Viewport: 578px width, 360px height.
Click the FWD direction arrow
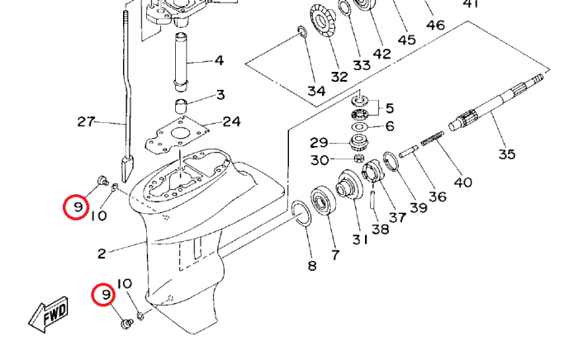click(48, 315)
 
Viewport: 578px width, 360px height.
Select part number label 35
click(507, 154)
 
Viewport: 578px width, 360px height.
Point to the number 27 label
click(86, 121)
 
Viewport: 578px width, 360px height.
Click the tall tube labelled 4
click(182, 62)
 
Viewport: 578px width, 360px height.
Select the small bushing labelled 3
click(181, 107)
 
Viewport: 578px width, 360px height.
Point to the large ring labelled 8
click(301, 214)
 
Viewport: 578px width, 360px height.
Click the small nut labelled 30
click(359, 159)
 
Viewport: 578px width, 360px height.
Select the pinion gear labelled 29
click(358, 142)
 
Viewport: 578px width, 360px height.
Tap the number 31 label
click(360, 239)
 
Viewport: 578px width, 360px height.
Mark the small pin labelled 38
click(373, 200)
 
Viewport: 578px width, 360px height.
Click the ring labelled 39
click(391, 161)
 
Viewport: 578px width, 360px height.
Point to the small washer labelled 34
click(301, 31)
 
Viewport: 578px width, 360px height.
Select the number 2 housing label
click(102, 253)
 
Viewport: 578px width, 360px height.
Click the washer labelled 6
click(358, 127)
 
